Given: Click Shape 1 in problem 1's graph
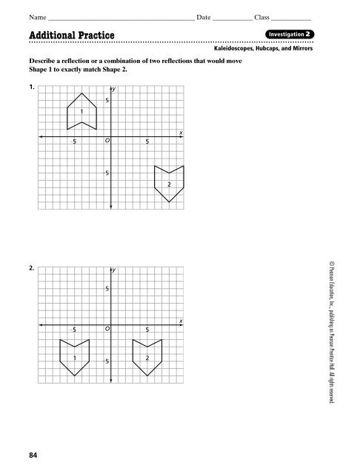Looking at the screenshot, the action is click(x=81, y=111).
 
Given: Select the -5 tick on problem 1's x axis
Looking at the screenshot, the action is click(x=73, y=141).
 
